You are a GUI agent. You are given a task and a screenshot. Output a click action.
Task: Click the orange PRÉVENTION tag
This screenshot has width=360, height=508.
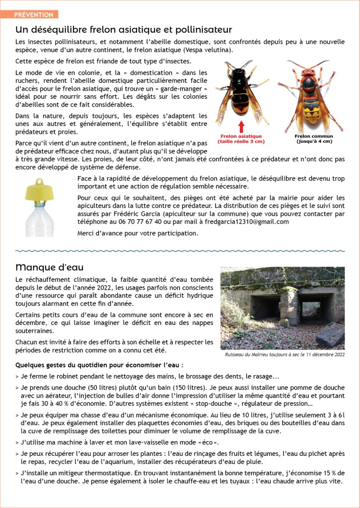[x=33, y=14]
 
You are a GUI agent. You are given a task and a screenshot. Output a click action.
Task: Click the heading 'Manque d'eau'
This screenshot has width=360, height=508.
[x=50, y=267]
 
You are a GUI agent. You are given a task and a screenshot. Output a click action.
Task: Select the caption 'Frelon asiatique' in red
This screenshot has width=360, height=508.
[x=240, y=136]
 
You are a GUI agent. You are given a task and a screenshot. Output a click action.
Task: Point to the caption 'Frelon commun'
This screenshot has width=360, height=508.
[x=314, y=136]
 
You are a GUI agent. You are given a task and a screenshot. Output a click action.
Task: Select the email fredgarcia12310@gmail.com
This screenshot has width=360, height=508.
[x=247, y=222]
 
